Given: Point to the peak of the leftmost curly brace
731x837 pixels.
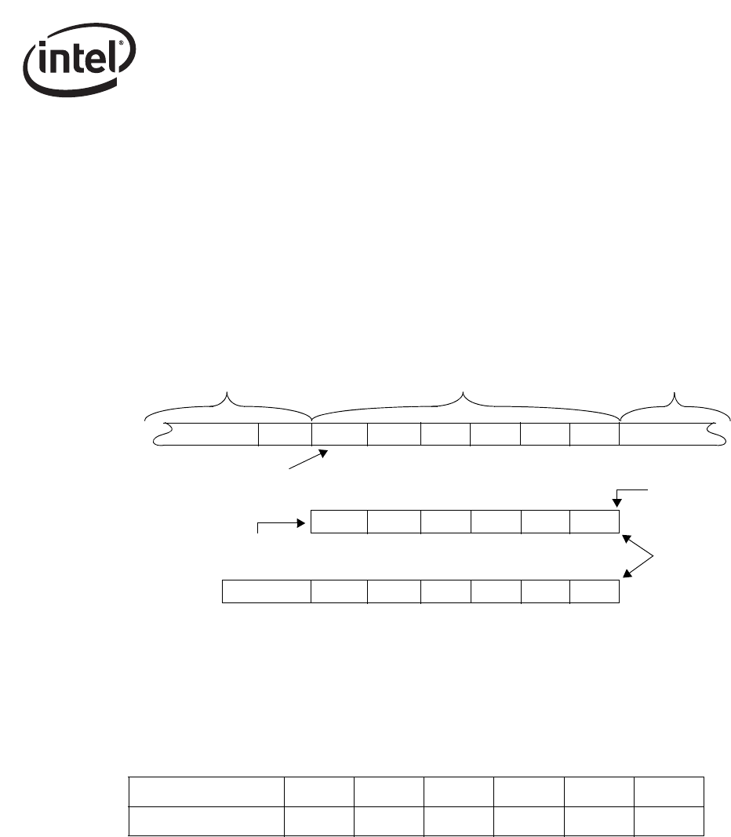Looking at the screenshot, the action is point(228,393).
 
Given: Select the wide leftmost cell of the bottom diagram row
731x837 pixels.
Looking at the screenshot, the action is point(267,591).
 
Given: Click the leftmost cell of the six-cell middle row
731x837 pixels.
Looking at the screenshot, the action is point(339,522).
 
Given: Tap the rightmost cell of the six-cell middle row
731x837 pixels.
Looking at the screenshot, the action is point(594,522).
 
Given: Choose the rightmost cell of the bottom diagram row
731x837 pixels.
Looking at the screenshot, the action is point(594,591).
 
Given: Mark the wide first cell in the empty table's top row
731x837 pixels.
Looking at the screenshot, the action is point(206,791).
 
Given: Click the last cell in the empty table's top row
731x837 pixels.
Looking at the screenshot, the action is point(668,791).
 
